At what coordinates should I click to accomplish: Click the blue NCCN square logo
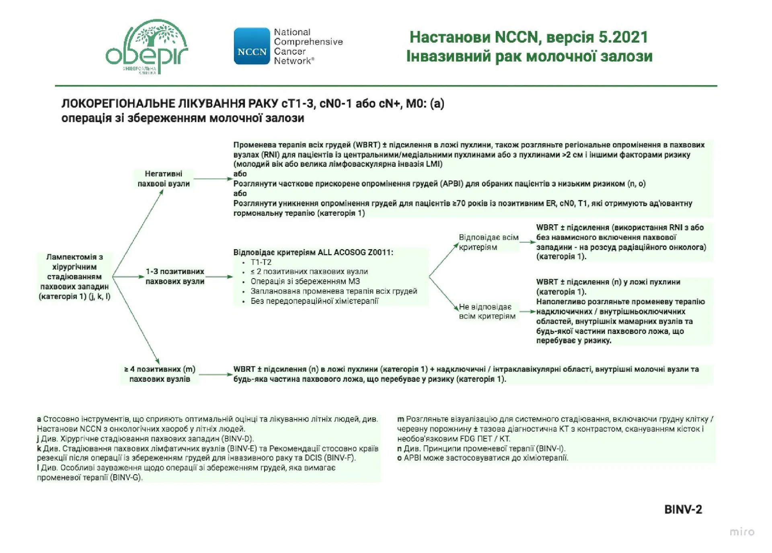tap(252, 46)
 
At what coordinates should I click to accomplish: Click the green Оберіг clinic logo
tap(147, 46)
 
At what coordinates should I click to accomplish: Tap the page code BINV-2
tap(683, 510)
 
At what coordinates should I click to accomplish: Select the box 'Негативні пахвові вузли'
tap(163, 179)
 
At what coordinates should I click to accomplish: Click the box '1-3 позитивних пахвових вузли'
tap(175, 276)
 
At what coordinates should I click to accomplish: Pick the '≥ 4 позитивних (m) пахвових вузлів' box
tap(160, 374)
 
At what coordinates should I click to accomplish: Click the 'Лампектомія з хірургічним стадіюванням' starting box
tap(74, 276)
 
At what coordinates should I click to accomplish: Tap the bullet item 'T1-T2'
tap(261, 262)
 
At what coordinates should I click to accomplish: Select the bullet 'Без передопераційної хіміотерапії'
tap(314, 301)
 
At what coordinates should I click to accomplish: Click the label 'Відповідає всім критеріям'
tap(488, 242)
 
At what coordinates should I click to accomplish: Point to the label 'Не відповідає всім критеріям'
tap(487, 311)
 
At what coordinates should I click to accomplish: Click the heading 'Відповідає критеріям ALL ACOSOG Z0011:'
tap(313, 252)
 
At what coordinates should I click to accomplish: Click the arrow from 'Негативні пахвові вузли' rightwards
tap(212, 179)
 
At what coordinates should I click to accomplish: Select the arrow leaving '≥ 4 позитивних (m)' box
tap(216, 375)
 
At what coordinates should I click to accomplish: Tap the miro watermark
tap(742, 532)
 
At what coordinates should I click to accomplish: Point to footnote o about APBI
tap(482, 458)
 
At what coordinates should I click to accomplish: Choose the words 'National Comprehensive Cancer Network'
tap(308, 46)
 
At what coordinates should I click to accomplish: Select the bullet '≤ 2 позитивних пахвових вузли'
tap(309, 272)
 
